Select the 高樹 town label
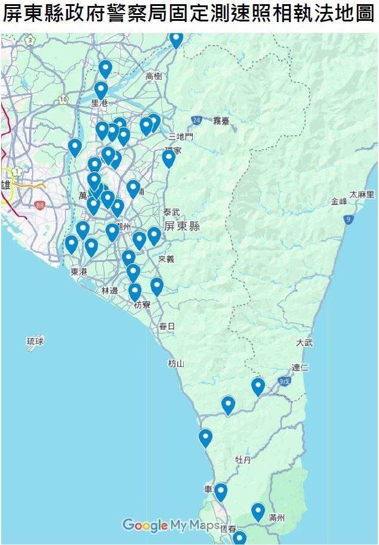coord(153,76)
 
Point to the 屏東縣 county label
coord(182,227)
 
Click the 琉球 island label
coord(35,342)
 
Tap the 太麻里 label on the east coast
coord(362,194)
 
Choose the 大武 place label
coord(304,343)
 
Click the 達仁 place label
coord(300,367)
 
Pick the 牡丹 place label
coord(243,460)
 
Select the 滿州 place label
coord(277,518)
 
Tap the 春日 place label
coord(167,326)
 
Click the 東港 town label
coord(78,271)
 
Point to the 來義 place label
coord(167,259)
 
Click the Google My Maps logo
coord(171,525)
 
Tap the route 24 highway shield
coord(196,120)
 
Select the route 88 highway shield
coord(40,205)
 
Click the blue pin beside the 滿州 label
coord(258,511)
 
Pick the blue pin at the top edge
coord(176,39)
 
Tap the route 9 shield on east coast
coord(347,220)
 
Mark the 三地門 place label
coord(181,137)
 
